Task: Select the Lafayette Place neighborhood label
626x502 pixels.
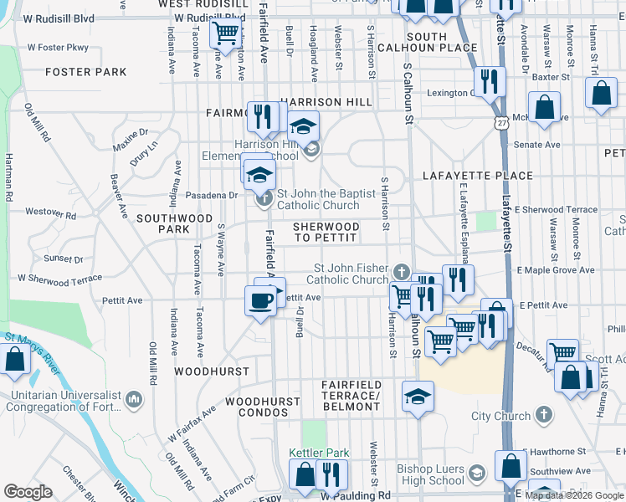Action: point(478,176)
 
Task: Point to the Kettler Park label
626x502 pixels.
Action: point(319,453)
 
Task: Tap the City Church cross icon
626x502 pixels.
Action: point(543,415)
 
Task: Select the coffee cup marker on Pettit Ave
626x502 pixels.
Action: point(259,299)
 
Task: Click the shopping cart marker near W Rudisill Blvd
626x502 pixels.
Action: point(224,33)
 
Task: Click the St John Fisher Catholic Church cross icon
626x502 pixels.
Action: point(403,272)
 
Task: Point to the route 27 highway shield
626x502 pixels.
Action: point(500,122)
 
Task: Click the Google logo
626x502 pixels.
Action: point(28,492)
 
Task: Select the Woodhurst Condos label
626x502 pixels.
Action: point(257,407)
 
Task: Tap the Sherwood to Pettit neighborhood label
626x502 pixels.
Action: point(326,233)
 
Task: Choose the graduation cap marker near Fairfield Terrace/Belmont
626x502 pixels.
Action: point(417,396)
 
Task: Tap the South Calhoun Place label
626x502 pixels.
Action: point(439,42)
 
